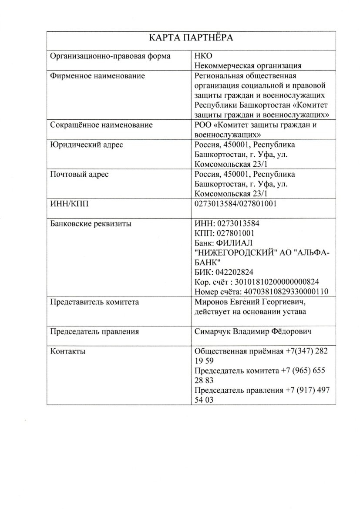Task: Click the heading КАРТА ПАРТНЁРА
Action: tap(192, 38)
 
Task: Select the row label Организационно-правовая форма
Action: tap(110, 57)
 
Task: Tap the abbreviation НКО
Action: tap(203, 57)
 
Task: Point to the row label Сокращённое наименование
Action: tap(101, 125)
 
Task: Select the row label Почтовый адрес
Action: tap(79, 175)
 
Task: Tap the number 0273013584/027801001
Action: tap(236, 204)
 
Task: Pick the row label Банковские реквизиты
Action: tap(91, 224)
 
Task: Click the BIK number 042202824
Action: tap(244, 273)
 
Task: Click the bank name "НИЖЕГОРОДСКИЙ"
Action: tap(235, 253)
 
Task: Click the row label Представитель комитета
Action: tap(95, 302)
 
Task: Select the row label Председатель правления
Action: tap(95, 332)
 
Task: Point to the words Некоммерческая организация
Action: tap(248, 66)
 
